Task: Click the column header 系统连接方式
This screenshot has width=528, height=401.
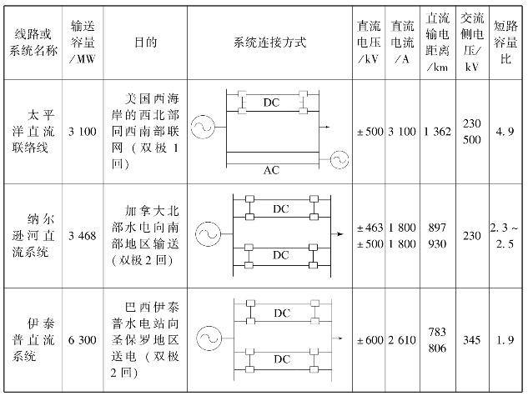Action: click(x=270, y=43)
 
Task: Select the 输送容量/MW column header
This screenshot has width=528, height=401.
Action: click(x=83, y=43)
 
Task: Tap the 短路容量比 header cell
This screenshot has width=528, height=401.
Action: click(x=505, y=43)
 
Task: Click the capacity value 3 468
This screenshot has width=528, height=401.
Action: click(x=83, y=236)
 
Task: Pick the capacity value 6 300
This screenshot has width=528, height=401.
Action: click(x=83, y=340)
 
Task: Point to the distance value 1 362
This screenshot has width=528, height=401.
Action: click(x=437, y=132)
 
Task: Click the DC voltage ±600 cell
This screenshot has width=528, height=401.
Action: click(x=370, y=340)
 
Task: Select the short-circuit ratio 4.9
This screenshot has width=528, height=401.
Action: click(x=505, y=132)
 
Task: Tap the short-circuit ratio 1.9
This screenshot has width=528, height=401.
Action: click(x=505, y=340)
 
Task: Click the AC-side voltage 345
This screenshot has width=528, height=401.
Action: click(x=471, y=340)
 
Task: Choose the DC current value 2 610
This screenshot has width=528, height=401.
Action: click(x=402, y=340)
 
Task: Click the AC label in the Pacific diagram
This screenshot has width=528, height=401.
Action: click(x=271, y=170)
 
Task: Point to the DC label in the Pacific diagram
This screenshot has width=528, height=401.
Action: click(x=271, y=103)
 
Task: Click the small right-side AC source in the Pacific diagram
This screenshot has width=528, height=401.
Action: click(x=339, y=159)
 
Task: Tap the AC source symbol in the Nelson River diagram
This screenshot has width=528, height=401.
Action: click(x=208, y=234)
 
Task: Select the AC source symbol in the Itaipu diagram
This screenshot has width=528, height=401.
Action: click(x=209, y=338)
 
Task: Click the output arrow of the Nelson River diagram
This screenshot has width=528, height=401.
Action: click(x=337, y=234)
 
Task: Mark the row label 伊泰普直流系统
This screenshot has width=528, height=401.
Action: click(x=33, y=340)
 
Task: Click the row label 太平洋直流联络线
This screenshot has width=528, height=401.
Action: click(x=33, y=132)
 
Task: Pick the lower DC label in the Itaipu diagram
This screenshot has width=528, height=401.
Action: click(x=282, y=359)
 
